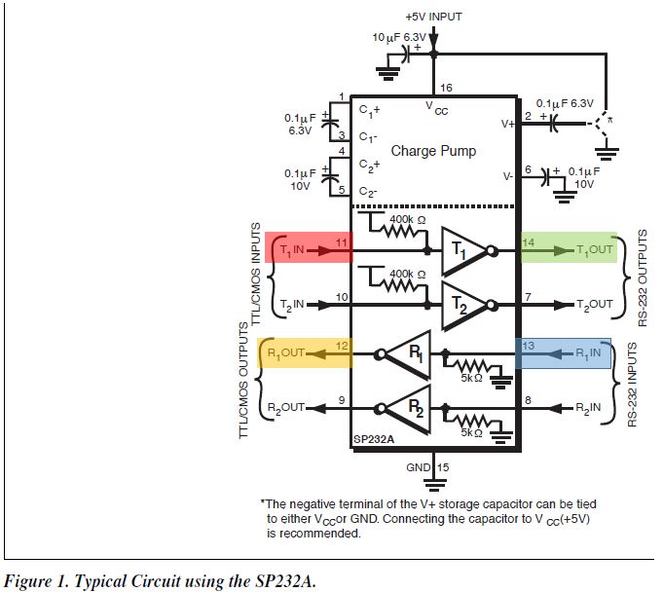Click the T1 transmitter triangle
coord(463,250)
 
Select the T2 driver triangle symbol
coord(463,305)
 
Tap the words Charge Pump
coord(433,151)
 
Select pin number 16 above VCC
coord(446,88)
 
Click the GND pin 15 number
coord(444,467)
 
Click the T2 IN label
coord(292,304)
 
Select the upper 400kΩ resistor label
coord(406,220)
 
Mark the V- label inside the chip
coord(507,177)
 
